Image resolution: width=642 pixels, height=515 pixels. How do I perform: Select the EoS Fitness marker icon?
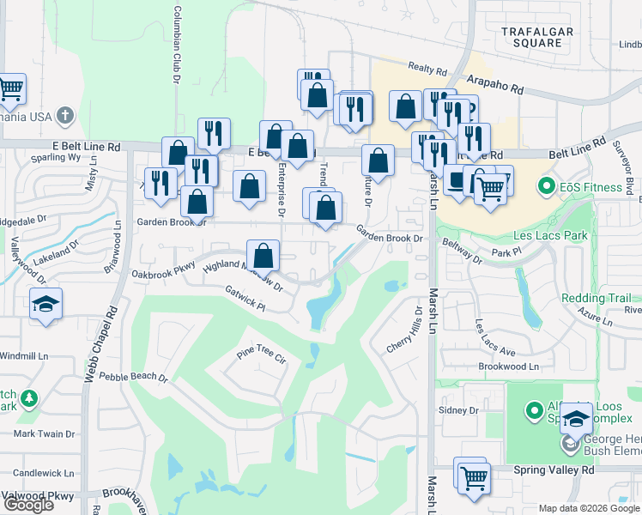[544, 185]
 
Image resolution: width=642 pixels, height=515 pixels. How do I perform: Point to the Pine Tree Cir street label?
[261, 355]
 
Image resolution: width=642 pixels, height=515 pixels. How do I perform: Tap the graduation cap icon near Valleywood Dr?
[45, 304]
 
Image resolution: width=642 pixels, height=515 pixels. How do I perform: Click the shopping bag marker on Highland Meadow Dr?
[263, 255]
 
